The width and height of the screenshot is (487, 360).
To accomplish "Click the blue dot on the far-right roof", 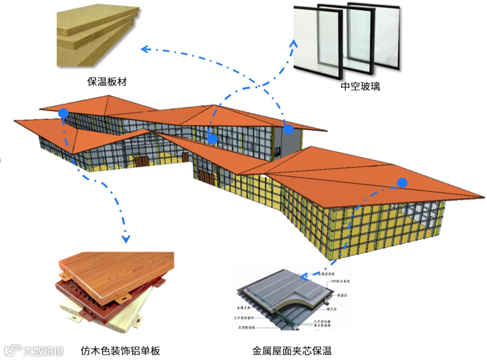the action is click(402, 182).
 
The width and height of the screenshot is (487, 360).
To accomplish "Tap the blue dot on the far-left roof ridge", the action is click(63, 113).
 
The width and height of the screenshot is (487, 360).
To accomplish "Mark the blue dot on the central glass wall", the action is click(212, 139).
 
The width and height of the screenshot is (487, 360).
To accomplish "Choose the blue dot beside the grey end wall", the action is click(288, 129).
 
